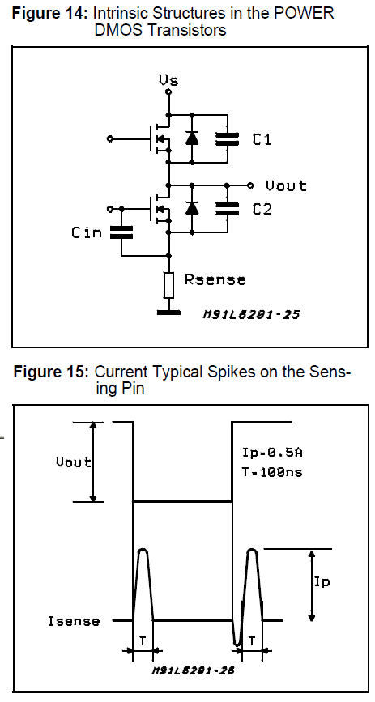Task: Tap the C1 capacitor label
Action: [262, 139]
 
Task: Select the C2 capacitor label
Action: [262, 209]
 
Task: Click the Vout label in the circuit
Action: [287, 185]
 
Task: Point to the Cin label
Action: [87, 232]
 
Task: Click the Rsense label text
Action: [215, 279]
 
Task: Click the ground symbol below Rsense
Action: [168, 309]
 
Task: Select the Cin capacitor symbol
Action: [121, 232]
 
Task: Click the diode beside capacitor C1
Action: [192, 138]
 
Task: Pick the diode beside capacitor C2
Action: [192, 208]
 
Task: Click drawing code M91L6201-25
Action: [251, 314]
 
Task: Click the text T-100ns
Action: [272, 472]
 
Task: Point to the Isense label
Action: [74, 621]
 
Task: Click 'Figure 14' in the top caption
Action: [48, 15]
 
